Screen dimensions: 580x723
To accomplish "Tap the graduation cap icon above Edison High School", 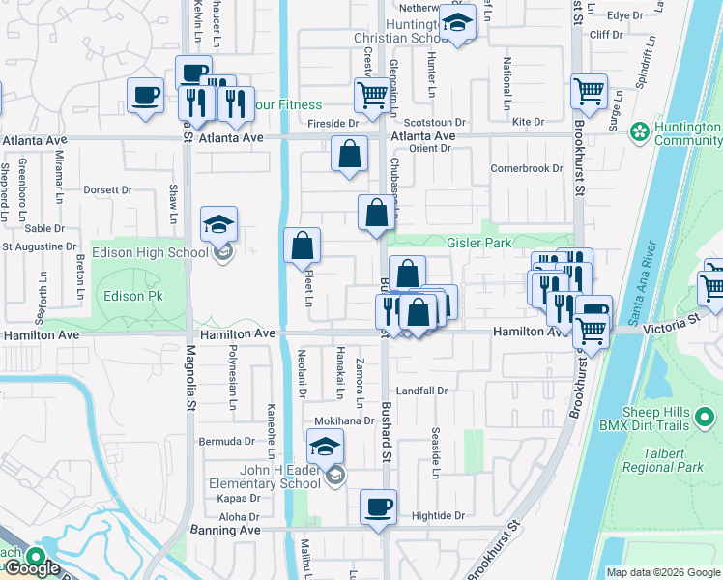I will pyautogui.click(x=219, y=226).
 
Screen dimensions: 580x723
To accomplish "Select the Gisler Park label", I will pyautogui.click(x=479, y=243).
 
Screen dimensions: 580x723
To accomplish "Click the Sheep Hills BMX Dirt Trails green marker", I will pyautogui.click(x=706, y=418).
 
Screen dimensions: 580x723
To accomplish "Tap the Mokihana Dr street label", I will pyautogui.click(x=344, y=421).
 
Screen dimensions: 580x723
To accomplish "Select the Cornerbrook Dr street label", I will pyautogui.click(x=526, y=168).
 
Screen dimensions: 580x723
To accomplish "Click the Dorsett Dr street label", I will pyautogui.click(x=107, y=189).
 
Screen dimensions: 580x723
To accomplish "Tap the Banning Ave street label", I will pyautogui.click(x=230, y=530).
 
